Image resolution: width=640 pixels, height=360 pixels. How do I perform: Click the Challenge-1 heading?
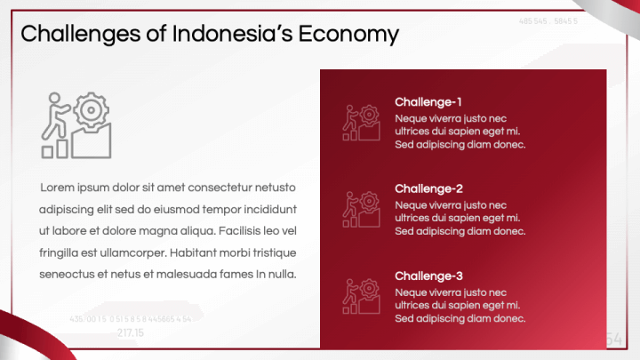(x=428, y=102)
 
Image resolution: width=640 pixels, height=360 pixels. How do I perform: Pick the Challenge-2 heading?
(x=428, y=189)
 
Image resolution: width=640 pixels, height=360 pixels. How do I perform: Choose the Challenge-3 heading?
(x=428, y=276)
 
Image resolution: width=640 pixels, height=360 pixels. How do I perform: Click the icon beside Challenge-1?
(x=362, y=123)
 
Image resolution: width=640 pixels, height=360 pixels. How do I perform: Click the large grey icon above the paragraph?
(x=78, y=124)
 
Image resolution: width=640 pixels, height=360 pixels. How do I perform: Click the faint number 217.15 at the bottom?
(x=130, y=332)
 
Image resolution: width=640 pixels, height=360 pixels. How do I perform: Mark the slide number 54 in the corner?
(x=613, y=339)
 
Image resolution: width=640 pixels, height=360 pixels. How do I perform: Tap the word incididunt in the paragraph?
(x=267, y=210)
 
